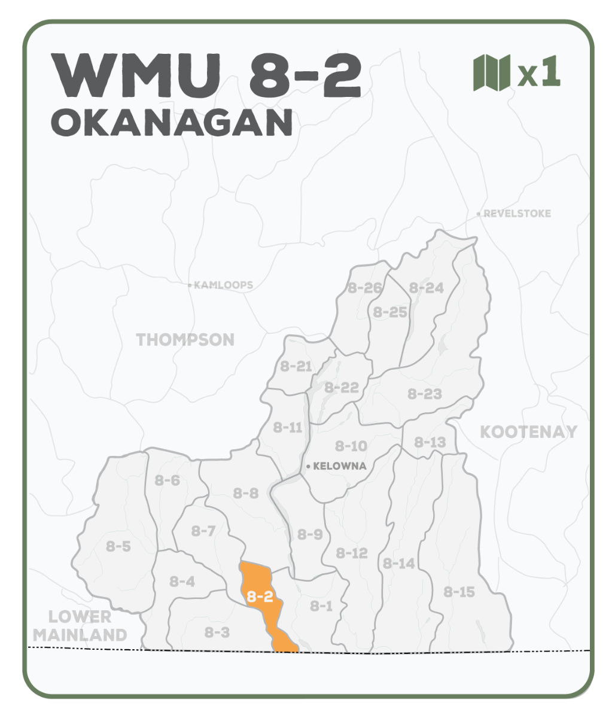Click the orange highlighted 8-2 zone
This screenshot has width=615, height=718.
tap(262, 598)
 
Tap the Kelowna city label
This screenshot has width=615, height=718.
tap(339, 466)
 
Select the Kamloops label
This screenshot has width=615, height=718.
tap(223, 285)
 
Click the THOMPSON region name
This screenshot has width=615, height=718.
tap(185, 340)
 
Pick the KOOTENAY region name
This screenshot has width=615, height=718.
tap(528, 432)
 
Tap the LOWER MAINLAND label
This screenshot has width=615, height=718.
tap(80, 626)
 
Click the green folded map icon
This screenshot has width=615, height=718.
tap(491, 72)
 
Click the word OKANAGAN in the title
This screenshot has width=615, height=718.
tap(172, 122)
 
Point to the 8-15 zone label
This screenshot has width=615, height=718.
tap(459, 592)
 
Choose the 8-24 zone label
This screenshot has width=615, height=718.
tap(427, 288)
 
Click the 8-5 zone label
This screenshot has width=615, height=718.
tap(118, 546)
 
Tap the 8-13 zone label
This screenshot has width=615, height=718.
tap(430, 442)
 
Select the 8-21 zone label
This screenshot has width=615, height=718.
tap(296, 366)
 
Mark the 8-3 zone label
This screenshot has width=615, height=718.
tap(217, 632)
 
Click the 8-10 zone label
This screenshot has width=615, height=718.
tap(351, 446)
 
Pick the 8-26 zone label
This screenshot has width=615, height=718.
tap(364, 288)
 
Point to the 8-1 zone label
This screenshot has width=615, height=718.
tap(321, 606)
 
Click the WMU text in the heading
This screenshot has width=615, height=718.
tap(142, 77)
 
